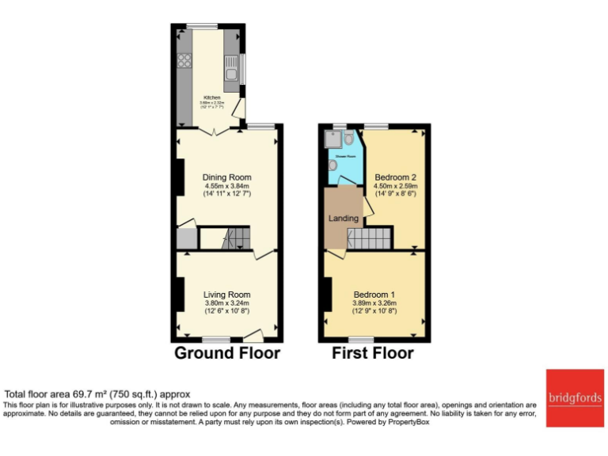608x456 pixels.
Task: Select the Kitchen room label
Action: (211, 97)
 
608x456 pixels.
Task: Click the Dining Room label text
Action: (226, 177)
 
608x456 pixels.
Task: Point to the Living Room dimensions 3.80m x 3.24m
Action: (226, 303)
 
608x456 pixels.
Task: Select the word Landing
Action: (344, 218)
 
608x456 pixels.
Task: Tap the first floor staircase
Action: (370, 237)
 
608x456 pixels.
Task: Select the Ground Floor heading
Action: (227, 353)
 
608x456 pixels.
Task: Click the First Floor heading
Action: (373, 353)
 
